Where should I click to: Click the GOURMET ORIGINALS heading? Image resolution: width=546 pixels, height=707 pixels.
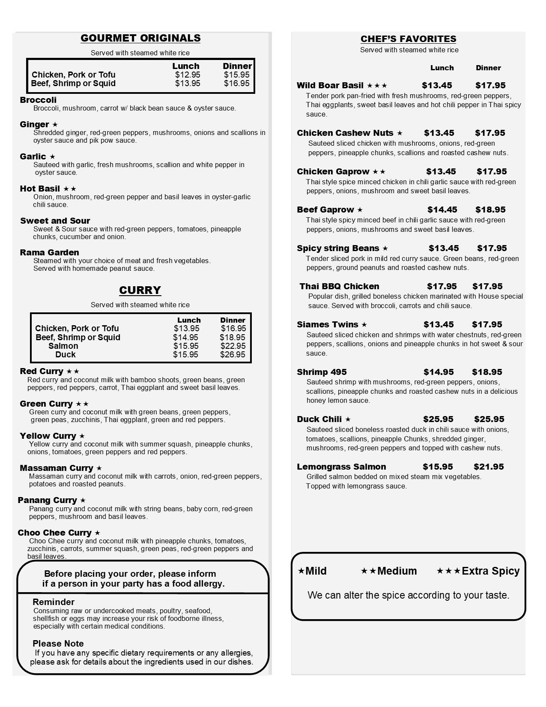click(140, 38)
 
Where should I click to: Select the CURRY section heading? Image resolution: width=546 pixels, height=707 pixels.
click(140, 290)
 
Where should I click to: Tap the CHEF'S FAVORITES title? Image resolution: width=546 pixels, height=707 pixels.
click(408, 39)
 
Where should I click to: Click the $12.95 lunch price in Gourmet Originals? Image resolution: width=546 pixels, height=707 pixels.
click(188, 75)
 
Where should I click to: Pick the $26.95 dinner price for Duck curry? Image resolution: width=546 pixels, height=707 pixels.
click(233, 354)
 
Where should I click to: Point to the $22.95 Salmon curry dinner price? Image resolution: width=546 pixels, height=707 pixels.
click(233, 346)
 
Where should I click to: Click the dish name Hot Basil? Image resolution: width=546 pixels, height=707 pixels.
click(40, 189)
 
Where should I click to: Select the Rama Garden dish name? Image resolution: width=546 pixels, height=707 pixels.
click(49, 252)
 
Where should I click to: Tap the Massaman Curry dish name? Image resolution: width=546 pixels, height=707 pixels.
click(57, 468)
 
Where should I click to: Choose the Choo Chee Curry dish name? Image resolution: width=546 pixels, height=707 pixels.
click(54, 533)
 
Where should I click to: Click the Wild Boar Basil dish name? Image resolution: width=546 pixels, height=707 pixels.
click(330, 85)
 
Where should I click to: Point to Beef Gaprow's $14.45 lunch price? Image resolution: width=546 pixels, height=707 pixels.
click(442, 210)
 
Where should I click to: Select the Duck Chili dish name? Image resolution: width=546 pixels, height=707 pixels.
click(319, 419)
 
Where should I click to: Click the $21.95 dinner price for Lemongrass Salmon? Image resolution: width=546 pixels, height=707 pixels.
click(489, 467)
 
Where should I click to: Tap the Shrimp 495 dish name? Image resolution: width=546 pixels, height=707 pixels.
click(322, 372)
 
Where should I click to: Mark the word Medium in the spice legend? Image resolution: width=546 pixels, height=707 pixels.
click(397, 571)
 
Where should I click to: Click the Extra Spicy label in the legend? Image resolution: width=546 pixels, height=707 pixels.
click(490, 571)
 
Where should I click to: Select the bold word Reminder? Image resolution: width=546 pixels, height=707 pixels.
click(54, 602)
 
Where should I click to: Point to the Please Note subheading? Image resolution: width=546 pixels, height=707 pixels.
click(58, 644)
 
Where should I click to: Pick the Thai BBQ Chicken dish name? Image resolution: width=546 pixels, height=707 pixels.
click(339, 286)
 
